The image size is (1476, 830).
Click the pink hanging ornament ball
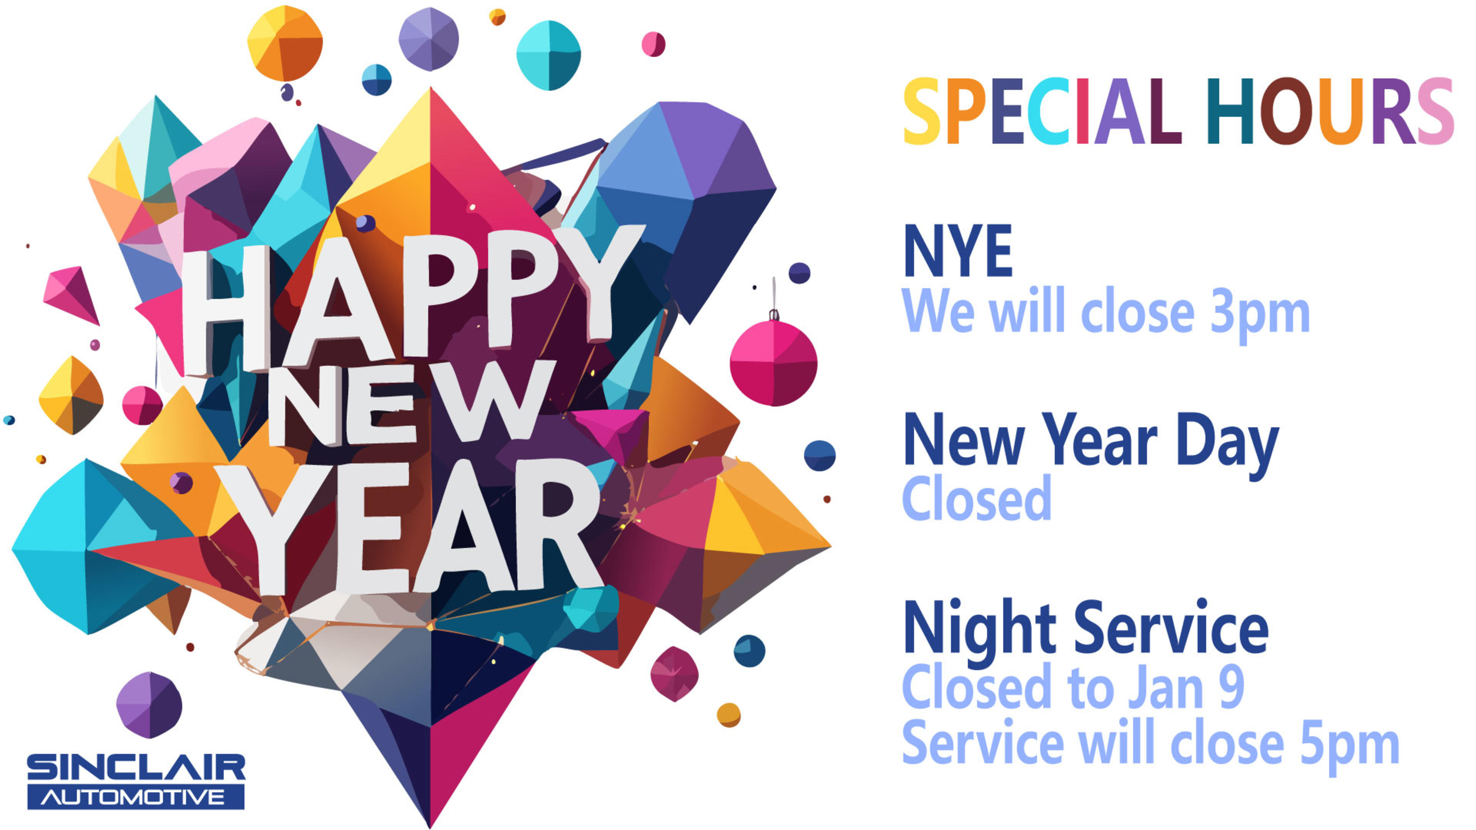(x=773, y=362)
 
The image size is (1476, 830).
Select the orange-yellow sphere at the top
(x=285, y=43)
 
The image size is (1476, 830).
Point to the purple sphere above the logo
(x=149, y=705)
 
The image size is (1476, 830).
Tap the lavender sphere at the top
(x=429, y=38)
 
